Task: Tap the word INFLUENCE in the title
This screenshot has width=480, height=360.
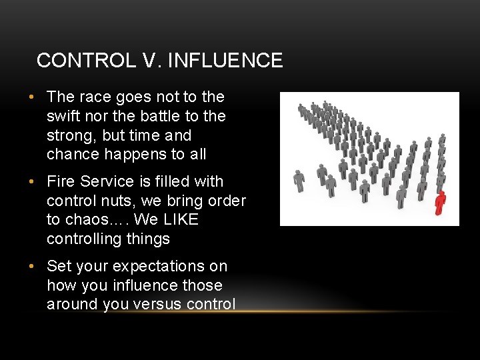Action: (226, 61)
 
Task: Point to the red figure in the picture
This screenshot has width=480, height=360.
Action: (439, 203)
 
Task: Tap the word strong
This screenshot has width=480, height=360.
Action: (69, 135)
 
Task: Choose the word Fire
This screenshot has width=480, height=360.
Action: (61, 181)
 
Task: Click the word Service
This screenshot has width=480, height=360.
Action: (107, 181)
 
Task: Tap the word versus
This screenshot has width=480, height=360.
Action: (162, 305)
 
